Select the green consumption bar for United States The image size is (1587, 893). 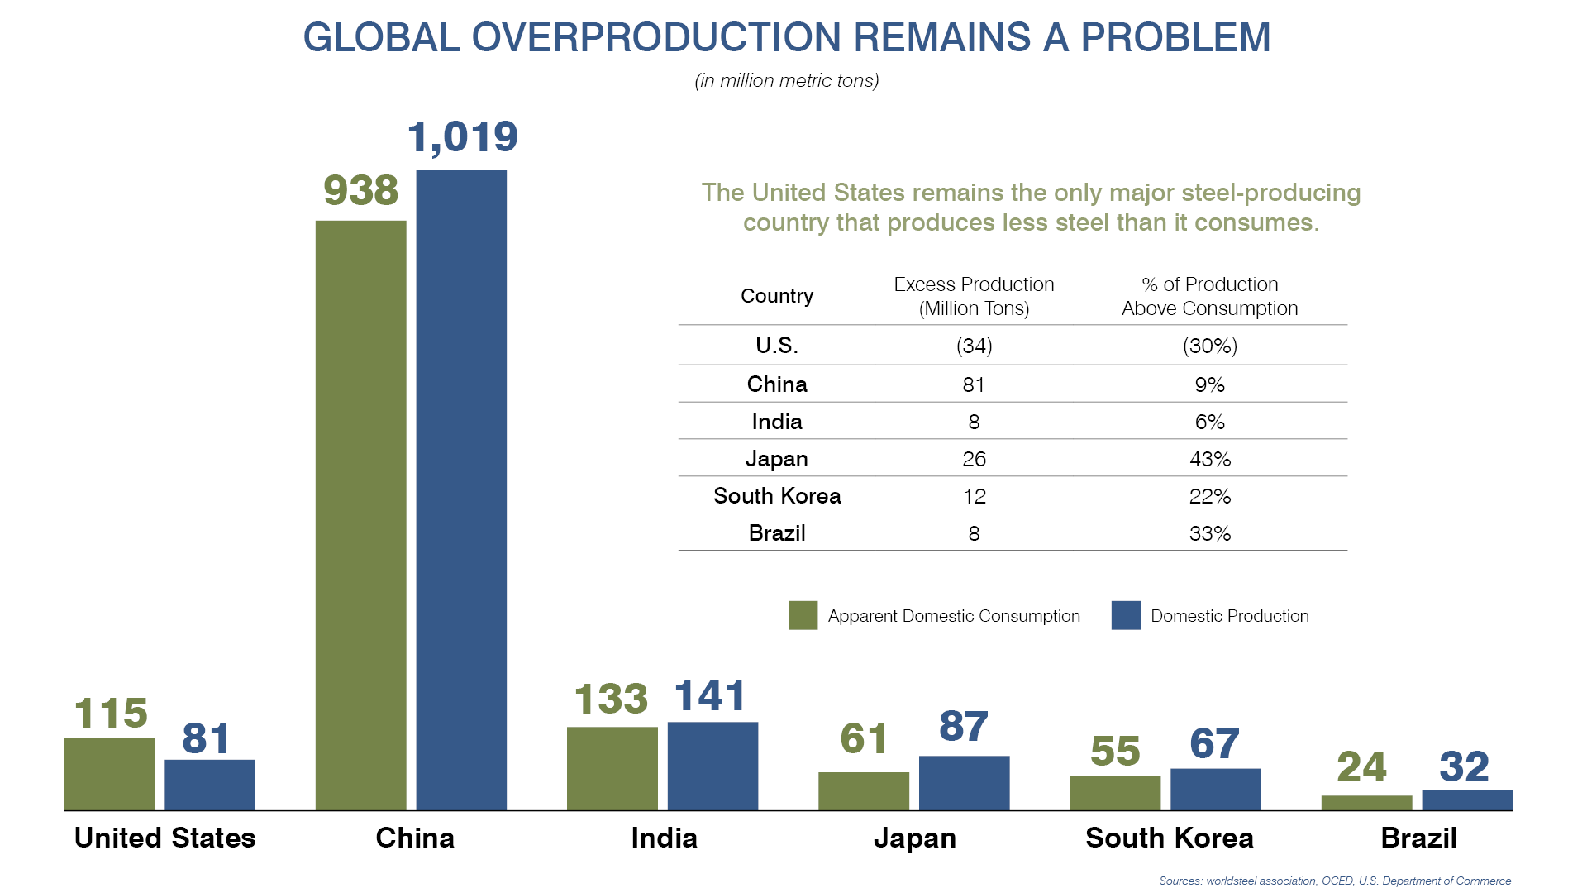click(x=109, y=774)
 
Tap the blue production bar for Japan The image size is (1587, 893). click(x=964, y=783)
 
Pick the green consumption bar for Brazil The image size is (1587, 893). click(x=1366, y=803)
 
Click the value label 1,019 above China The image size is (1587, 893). click(x=463, y=137)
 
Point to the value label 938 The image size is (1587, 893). click(x=361, y=191)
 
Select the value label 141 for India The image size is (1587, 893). click(x=710, y=696)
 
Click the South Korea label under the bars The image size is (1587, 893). click(x=1169, y=838)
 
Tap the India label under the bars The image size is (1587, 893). click(x=664, y=838)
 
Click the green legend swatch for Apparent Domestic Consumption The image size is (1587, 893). click(x=803, y=615)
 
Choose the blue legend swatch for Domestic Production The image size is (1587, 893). click(x=1126, y=615)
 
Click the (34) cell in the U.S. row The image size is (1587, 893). click(x=974, y=346)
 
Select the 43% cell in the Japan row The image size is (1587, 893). click(x=1209, y=459)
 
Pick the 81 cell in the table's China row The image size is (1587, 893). click(x=974, y=384)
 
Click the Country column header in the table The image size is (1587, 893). click(x=776, y=296)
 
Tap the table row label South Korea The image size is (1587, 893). click(x=777, y=496)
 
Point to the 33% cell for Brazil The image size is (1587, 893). click(x=1209, y=533)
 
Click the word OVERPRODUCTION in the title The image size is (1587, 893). click(x=657, y=38)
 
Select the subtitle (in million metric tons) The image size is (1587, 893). click(x=786, y=81)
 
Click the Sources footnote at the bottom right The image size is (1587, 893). click(x=1334, y=881)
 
